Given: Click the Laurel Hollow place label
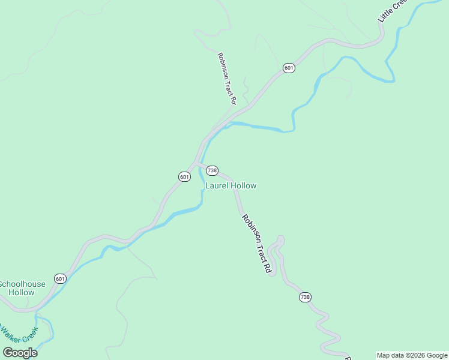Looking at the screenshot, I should pos(231,186).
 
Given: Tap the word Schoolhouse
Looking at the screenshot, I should pos(17,284).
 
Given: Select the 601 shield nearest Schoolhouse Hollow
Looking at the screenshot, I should pos(60,279).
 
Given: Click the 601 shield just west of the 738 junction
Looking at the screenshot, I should pos(184,176).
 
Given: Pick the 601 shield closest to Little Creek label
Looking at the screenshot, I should pos(289,68).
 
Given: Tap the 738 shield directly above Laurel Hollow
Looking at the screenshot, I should pos(212,171).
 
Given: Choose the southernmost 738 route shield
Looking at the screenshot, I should pos(306,298).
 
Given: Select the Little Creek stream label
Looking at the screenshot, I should pos(392,12).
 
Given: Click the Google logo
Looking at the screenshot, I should pos(20,353).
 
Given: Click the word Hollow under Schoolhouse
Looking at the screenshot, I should pos(21,293).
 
